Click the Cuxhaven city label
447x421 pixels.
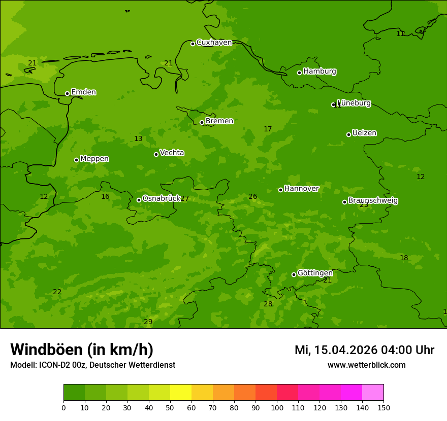tap(214, 43)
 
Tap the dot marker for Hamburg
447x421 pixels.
tap(299, 73)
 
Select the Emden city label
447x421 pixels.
tap(83, 92)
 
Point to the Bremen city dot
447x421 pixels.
tap(202, 122)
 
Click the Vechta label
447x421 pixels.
tap(172, 153)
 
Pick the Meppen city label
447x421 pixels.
tap(94, 159)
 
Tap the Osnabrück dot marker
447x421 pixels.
tap(139, 200)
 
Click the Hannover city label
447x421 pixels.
tap(301, 189)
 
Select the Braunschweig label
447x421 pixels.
tap(373, 201)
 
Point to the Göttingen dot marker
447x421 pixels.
tap(294, 274)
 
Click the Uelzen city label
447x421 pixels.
tap(364, 133)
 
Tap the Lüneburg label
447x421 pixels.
tap(354, 103)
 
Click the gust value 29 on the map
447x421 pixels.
tap(148, 322)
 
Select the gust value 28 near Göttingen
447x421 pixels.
tap(268, 304)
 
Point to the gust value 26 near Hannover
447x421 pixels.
tap(252, 196)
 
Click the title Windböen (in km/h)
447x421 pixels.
tap(82, 349)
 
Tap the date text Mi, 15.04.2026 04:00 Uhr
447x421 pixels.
tap(364, 350)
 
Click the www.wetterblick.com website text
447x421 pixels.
tap(366, 365)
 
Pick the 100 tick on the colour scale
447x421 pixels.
tap(277, 407)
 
